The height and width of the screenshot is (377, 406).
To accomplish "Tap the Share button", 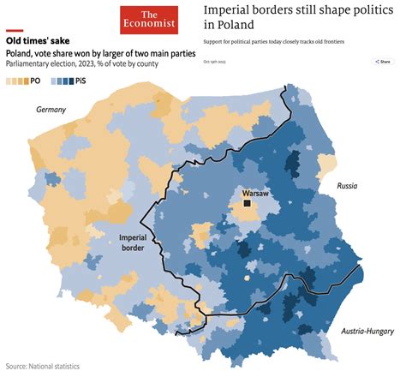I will pyautogui.click(x=382, y=62).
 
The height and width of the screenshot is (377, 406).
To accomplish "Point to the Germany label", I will pyautogui.click(x=51, y=110).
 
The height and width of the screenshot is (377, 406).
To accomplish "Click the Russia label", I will pyautogui.click(x=347, y=185).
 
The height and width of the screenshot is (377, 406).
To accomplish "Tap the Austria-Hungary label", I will pyautogui.click(x=363, y=331).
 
